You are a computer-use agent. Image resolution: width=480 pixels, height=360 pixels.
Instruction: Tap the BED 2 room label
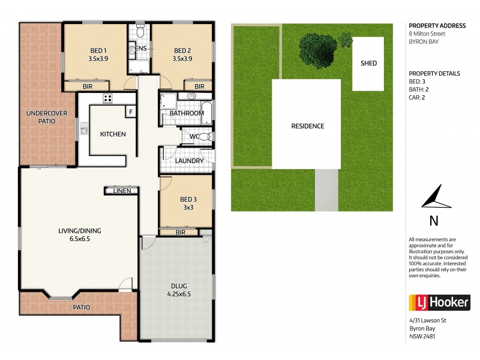coord(182,50)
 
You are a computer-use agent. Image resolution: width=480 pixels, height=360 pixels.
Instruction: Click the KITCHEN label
coord(113,134)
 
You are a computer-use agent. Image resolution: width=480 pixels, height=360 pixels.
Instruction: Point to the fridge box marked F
coord(130,112)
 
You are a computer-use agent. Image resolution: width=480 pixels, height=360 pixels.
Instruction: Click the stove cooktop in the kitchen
coord(108,98)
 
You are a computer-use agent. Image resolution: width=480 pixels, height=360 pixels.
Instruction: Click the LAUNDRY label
coord(189,161)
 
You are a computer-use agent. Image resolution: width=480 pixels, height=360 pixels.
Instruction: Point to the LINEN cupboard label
coord(122,191)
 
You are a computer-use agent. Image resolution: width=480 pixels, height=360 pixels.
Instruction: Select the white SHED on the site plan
coord(368,63)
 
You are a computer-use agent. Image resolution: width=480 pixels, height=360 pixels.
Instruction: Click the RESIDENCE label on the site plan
coord(307,126)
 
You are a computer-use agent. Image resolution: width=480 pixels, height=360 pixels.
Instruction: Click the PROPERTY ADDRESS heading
coord(437,26)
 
